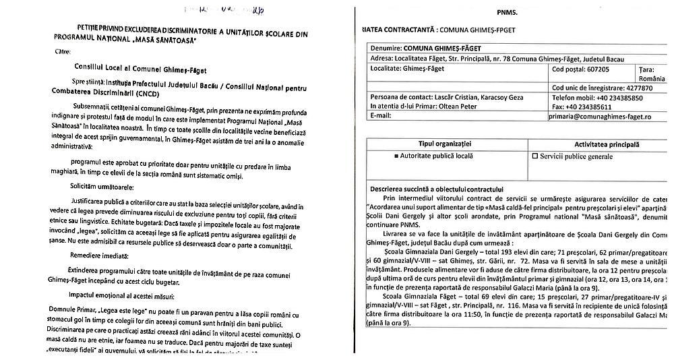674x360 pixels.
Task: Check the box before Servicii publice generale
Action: click(536, 156)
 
